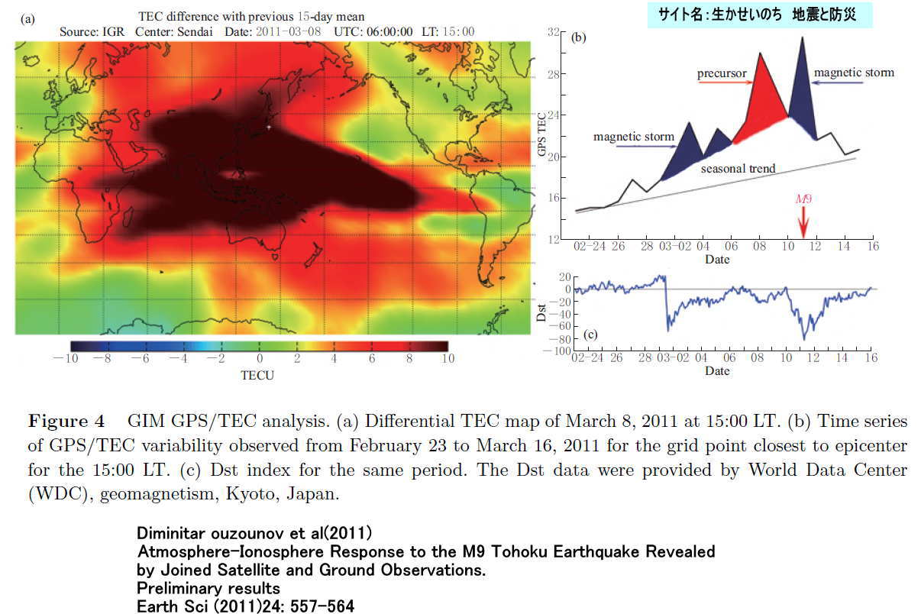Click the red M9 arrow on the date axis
pos(803,222)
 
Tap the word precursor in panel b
pos(720,74)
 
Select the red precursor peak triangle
pos(760,99)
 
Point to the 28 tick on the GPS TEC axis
pos(555,75)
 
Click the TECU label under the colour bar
pos(257,376)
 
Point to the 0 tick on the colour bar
pos(260,359)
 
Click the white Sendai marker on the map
pos(269,127)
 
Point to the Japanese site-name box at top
pos(759,15)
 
